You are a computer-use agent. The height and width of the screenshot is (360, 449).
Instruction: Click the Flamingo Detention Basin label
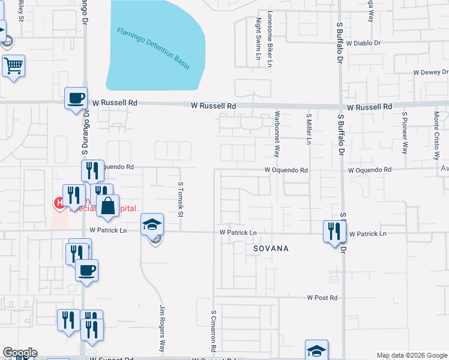click(153, 48)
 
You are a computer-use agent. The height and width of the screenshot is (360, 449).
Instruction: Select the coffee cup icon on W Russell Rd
click(76, 98)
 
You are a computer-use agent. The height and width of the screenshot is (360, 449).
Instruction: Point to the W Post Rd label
click(322, 298)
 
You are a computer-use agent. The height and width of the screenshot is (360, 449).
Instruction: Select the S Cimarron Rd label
click(213, 330)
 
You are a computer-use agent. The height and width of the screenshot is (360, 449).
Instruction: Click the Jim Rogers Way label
click(162, 328)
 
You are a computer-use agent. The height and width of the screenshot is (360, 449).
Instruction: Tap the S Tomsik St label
click(179, 192)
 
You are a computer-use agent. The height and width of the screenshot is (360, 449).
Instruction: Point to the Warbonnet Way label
click(277, 134)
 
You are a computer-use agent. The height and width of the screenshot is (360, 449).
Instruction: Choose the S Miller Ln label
click(309, 128)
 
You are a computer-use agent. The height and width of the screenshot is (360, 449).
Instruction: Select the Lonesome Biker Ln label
click(270, 38)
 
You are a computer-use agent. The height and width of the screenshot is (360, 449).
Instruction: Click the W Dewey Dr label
click(430, 72)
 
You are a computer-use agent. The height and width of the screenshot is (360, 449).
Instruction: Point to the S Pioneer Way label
click(405, 133)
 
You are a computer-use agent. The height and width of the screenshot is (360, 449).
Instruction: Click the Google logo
click(20, 353)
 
